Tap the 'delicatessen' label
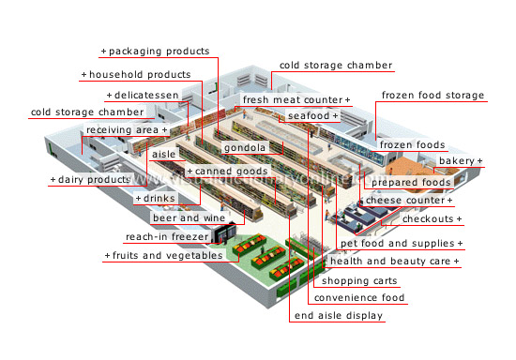[144, 96]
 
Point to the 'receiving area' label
[126, 129]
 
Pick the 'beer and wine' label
[190, 218]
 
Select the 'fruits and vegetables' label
[164, 255]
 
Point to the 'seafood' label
[311, 115]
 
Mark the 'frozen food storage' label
[433, 96]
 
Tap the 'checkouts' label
[433, 218]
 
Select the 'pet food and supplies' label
[402, 244]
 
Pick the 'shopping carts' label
[359, 280]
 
